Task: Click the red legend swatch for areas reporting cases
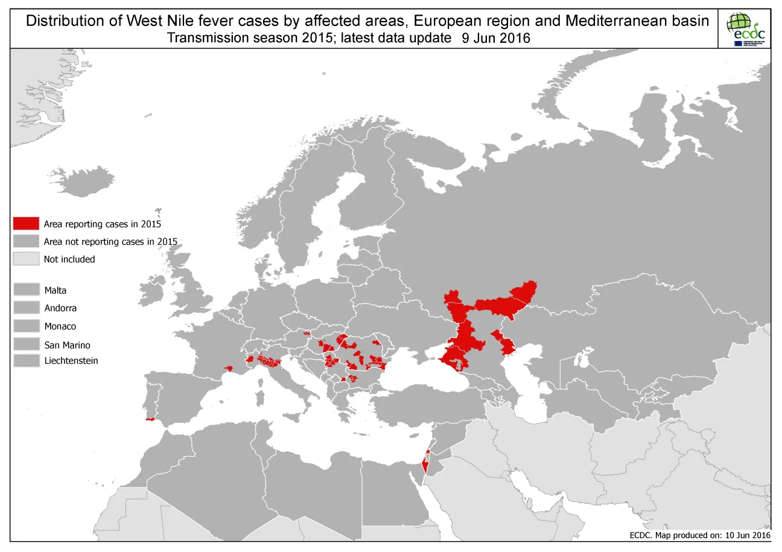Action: click(x=26, y=224)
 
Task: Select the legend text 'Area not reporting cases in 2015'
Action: click(x=110, y=242)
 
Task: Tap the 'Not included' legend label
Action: click(x=69, y=259)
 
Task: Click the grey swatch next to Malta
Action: click(x=26, y=290)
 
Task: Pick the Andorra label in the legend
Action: click(x=60, y=308)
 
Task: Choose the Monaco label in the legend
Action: click(x=60, y=326)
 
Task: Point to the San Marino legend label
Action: click(x=67, y=345)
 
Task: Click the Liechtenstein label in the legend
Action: click(x=71, y=361)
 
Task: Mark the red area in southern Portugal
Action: click(x=151, y=419)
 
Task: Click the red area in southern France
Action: click(x=229, y=369)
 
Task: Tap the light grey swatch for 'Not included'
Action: click(x=26, y=259)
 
